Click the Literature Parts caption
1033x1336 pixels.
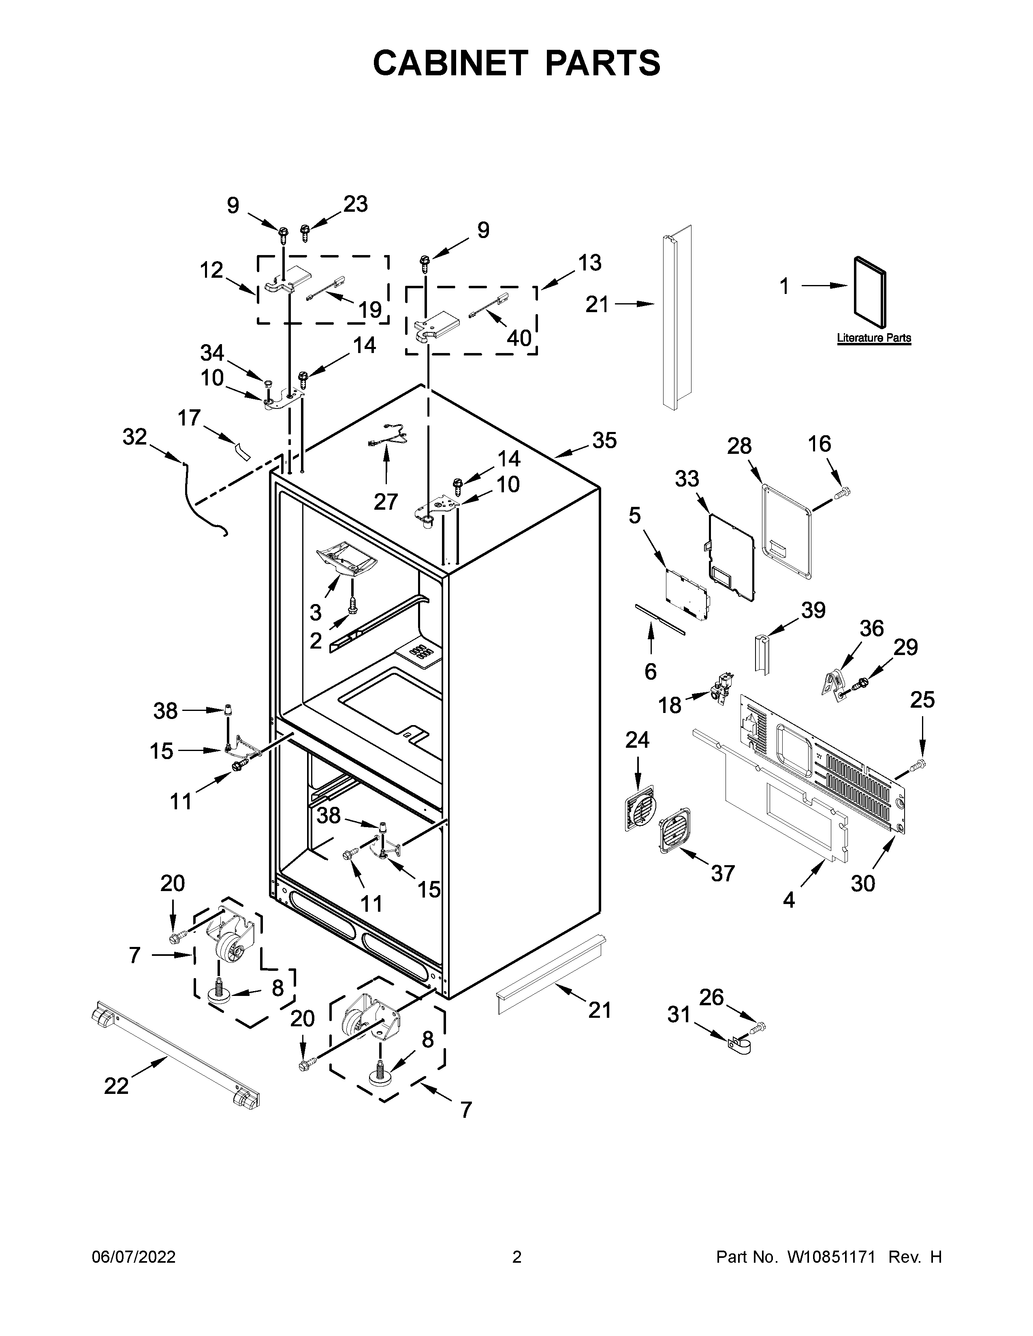coord(873,338)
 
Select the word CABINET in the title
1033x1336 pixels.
coord(450,63)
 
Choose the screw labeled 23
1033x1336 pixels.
coord(304,232)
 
